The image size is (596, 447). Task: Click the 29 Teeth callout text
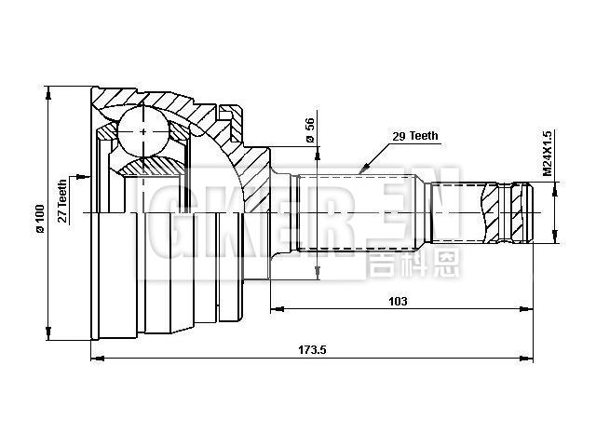point(415,136)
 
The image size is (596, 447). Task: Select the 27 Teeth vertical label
point(62,198)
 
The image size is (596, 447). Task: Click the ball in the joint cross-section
point(142,131)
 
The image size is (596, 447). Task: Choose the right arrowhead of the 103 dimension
point(530,309)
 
